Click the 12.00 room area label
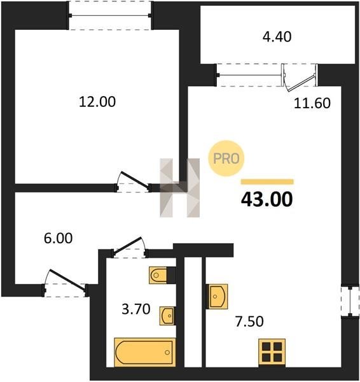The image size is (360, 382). (97, 102)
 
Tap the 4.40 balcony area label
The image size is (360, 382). (277, 37)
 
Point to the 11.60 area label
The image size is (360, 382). (312, 103)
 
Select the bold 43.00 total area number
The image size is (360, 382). (267, 199)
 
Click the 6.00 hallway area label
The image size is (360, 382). (58, 238)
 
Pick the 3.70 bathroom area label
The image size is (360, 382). (136, 309)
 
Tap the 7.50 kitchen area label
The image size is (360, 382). (249, 321)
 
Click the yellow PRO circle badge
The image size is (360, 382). (226, 159)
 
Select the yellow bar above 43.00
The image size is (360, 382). (267, 181)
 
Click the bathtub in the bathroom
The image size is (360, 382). (145, 352)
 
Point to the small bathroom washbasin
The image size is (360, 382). (168, 316)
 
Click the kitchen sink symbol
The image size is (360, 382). (217, 297)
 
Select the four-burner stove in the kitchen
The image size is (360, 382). (272, 352)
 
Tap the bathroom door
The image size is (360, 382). (129, 247)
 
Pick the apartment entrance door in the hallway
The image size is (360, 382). (65, 283)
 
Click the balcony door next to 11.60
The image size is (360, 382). (300, 77)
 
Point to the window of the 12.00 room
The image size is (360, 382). (109, 15)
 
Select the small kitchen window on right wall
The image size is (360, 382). (350, 302)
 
